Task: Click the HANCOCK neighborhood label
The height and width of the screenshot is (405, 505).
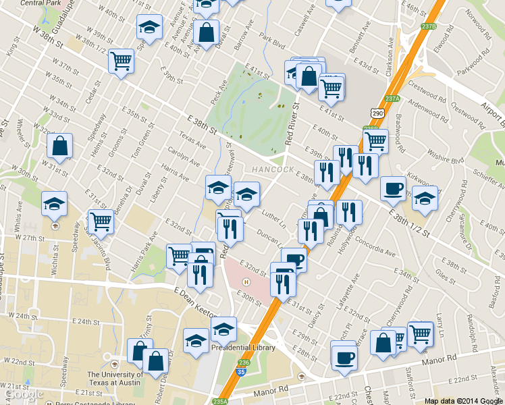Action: pyautogui.click(x=273, y=169)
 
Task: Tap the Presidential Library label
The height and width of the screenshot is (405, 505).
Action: pyautogui.click(x=244, y=348)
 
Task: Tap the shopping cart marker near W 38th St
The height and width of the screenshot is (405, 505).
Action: pyautogui.click(x=121, y=61)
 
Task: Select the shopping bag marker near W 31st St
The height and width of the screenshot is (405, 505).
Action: pyautogui.click(x=60, y=146)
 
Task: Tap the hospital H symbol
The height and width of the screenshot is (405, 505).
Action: pyautogui.click(x=246, y=281)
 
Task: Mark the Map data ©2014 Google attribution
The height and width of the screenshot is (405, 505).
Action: pyautogui.click(x=463, y=400)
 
